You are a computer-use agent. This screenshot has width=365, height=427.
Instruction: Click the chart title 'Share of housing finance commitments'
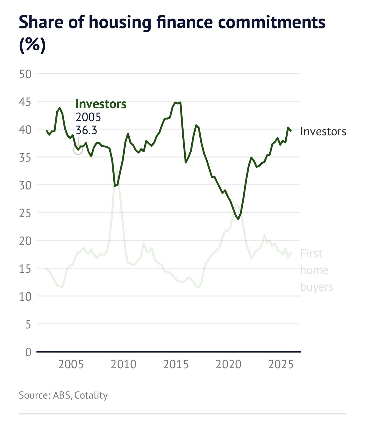point(172,22)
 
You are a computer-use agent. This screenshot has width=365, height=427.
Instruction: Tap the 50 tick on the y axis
point(25,74)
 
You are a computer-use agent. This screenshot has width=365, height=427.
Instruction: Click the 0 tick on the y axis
point(28,352)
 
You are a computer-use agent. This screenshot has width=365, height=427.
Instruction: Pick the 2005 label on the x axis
point(71,364)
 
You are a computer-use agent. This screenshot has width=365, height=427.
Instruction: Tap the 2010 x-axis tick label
point(124,364)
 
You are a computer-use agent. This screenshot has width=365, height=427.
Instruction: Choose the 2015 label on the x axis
point(176,364)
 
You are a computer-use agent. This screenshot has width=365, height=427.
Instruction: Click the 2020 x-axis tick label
point(228,364)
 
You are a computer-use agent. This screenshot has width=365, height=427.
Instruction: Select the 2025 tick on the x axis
point(281,364)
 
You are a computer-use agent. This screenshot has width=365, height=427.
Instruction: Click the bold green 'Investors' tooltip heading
point(101,104)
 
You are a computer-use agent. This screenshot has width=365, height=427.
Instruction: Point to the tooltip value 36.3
point(86,130)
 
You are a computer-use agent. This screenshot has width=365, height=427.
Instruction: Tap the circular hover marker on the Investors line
point(78,150)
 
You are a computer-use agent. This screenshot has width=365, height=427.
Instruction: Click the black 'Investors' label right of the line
point(323,132)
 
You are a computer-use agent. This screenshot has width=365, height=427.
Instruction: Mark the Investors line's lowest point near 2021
point(238,219)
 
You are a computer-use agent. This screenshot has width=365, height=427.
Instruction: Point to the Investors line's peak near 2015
point(176,102)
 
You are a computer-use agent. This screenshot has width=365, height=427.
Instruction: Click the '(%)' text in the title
point(32,45)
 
